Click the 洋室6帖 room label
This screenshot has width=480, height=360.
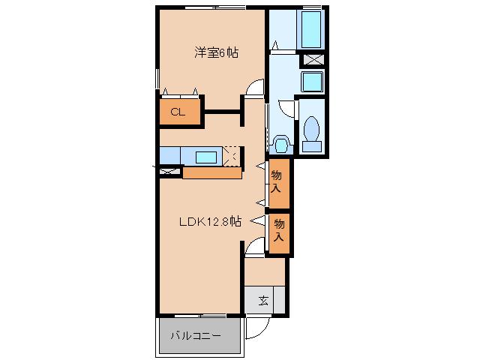click(x=217, y=53)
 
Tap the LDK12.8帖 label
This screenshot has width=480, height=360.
click(x=210, y=222)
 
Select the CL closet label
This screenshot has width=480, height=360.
click(x=178, y=112)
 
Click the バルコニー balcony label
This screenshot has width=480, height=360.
click(x=195, y=336)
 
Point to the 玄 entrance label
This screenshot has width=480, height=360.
click(x=263, y=301)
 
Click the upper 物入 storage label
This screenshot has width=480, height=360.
click(x=277, y=181)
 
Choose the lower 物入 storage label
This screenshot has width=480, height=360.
click(x=279, y=230)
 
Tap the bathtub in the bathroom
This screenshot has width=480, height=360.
click(x=311, y=29)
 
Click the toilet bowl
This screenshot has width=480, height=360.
click(x=312, y=134)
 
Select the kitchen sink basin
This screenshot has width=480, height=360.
click(x=206, y=157)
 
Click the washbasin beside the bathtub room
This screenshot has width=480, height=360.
click(x=312, y=82)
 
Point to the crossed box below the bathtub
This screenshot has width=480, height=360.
click(x=313, y=59)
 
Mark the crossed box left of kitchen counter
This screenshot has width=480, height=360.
click(x=170, y=172)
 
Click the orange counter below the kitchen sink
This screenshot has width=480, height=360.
click(x=212, y=173)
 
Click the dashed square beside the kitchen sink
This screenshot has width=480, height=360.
click(x=232, y=157)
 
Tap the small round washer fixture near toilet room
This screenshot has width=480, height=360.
click(x=281, y=144)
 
